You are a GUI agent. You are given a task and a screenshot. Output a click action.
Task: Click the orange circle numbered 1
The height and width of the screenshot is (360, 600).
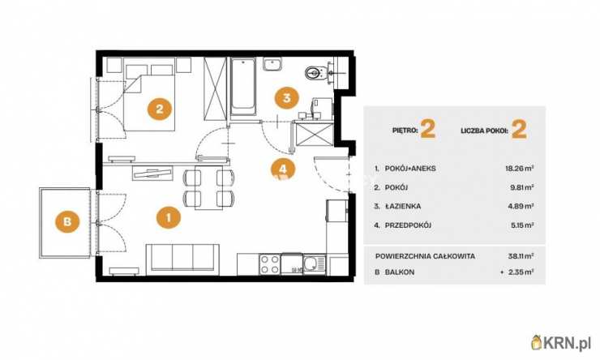point(169,217)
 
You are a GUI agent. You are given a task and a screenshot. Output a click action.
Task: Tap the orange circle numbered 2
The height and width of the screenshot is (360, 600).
point(160,109)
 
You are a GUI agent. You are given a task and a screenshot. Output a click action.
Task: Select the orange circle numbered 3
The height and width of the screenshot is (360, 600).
point(287,97)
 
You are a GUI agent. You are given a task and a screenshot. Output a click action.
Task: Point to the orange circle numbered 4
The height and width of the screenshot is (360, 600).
point(283,169)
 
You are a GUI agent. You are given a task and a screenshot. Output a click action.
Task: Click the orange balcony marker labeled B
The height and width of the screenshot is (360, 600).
point(67,221)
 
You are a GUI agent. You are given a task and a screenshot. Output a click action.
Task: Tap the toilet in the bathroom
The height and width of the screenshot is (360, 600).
point(315,72)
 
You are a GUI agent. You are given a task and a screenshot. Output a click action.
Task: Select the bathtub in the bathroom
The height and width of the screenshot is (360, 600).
point(243,88)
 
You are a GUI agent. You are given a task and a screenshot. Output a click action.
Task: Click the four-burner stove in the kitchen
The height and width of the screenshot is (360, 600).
point(269,264)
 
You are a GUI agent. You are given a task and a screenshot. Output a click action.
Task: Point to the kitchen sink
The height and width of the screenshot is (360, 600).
point(314,264)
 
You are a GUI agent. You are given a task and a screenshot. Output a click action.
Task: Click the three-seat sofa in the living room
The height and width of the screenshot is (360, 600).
point(182,259)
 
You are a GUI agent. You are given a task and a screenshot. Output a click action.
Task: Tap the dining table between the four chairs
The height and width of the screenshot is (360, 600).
point(208,187)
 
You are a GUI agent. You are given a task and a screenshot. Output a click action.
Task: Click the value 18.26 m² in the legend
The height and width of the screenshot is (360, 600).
point(520,169)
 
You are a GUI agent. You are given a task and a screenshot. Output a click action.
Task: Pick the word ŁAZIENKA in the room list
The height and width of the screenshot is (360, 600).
point(403,206)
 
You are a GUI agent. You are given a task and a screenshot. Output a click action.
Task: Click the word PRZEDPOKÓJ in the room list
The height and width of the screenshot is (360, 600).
point(408,225)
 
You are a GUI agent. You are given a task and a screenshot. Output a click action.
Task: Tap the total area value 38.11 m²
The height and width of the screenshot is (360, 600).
point(521,256)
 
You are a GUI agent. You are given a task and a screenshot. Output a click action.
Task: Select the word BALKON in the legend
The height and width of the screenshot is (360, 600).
point(400,272)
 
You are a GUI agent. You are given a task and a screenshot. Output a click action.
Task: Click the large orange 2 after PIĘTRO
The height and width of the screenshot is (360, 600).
point(428,129)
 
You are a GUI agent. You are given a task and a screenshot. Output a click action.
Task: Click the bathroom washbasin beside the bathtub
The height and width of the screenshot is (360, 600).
point(272,64)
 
